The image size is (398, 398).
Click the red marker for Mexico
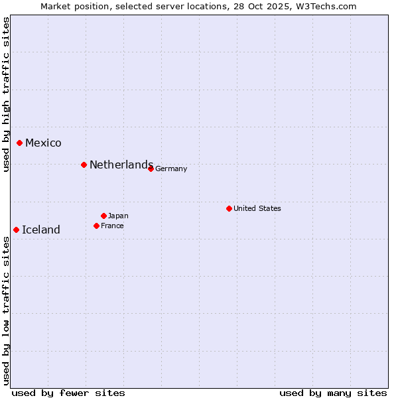tap(19, 143)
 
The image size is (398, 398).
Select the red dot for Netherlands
tap(84, 165)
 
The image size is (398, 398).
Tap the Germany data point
tap(151, 168)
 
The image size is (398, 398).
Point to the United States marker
tap(229, 208)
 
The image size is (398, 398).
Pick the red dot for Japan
tap(103, 216)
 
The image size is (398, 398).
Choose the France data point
tap(96, 226)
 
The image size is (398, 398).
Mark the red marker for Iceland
tap(16, 230)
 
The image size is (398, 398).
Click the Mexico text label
tap(43, 143)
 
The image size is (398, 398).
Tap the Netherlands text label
tap(121, 165)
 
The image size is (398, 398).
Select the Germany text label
tap(171, 168)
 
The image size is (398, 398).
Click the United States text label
tap(257, 208)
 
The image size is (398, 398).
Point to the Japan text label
tap(118, 216)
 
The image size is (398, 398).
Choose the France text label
tap(112, 226)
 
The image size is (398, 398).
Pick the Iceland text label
tap(41, 230)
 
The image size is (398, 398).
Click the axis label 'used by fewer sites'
tap(68, 393)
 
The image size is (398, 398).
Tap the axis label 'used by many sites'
tap(333, 393)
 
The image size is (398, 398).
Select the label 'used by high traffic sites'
tap(6, 94)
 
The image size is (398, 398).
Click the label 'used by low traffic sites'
tap(6, 310)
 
